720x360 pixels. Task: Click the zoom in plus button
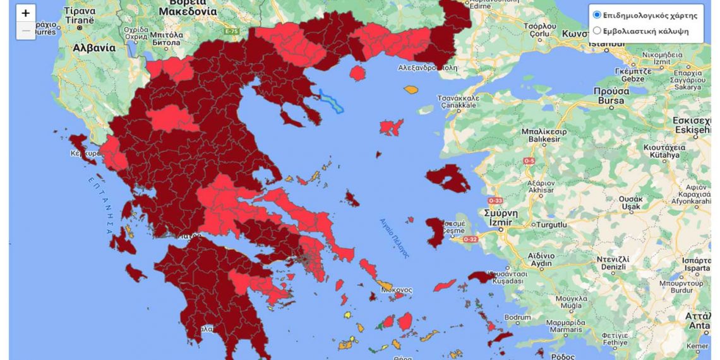click(x=25, y=13)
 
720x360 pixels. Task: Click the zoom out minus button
click(x=25, y=30)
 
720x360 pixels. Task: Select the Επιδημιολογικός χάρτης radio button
click(x=597, y=15)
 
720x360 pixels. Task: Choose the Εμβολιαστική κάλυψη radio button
click(x=597, y=30)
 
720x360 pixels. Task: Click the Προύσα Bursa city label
click(x=612, y=95)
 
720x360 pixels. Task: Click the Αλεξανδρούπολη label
click(x=426, y=67)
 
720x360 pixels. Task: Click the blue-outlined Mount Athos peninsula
click(x=331, y=101)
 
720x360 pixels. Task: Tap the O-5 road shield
click(x=529, y=160)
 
